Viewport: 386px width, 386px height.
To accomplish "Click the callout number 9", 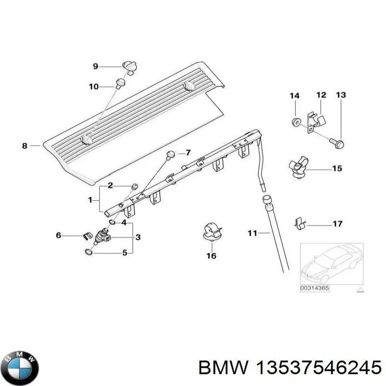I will tap(95, 66).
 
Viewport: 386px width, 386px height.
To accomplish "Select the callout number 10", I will tap(94, 87).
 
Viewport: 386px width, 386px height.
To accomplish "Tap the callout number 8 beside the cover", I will tap(25, 145).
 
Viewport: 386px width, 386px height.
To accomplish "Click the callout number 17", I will tap(337, 224).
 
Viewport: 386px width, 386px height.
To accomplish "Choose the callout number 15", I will tap(337, 168).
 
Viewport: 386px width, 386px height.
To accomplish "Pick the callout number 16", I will tap(211, 256).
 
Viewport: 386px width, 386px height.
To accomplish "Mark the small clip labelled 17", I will tap(299, 222).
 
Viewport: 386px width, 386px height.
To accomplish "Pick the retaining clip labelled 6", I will tap(87, 236).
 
